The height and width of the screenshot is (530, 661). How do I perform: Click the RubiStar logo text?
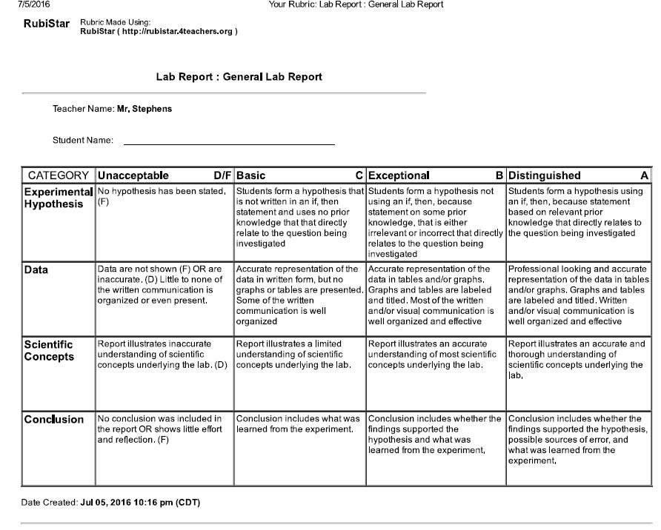(x=46, y=24)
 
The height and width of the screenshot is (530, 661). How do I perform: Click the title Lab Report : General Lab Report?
(x=239, y=77)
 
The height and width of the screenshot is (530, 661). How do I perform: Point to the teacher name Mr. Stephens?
(x=145, y=109)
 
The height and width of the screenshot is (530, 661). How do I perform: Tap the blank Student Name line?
(x=229, y=141)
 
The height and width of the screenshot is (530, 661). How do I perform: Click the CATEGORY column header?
(x=59, y=175)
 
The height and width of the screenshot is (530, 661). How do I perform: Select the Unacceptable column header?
(x=133, y=175)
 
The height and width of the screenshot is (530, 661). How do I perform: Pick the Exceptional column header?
(x=399, y=175)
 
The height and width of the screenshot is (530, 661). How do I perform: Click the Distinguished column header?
(x=545, y=175)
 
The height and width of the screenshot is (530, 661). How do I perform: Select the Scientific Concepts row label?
(x=49, y=350)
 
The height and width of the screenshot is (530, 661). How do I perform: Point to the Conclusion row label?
(x=54, y=420)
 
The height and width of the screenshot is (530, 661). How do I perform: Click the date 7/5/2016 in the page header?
(x=28, y=4)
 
